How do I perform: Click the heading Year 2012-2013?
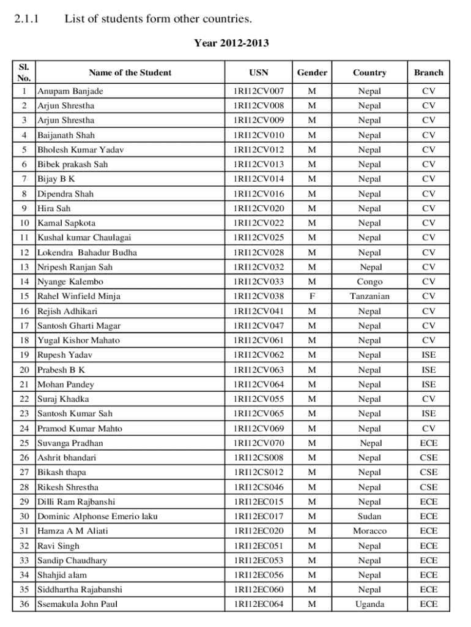coord(231,43)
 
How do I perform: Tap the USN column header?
coord(259,72)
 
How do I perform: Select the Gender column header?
coord(312,72)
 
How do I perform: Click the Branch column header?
coord(428,72)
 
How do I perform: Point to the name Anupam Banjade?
coord(70,91)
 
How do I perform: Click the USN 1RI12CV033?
coord(259,282)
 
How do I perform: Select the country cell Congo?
coord(369,282)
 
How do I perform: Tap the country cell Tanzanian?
coord(369,296)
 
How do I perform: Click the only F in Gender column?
coord(312,296)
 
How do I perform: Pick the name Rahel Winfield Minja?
coord(79,296)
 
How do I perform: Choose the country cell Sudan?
coord(369,516)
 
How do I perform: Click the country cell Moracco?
coord(369,531)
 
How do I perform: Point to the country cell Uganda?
coord(369,604)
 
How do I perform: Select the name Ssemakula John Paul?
coord(78,604)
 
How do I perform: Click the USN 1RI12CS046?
coord(259,487)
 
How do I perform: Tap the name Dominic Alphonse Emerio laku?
coord(97,516)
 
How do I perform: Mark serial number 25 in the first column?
coord(24,443)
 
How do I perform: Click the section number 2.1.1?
coord(26,19)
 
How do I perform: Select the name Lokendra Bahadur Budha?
coord(87,252)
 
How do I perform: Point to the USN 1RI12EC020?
coord(259,531)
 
